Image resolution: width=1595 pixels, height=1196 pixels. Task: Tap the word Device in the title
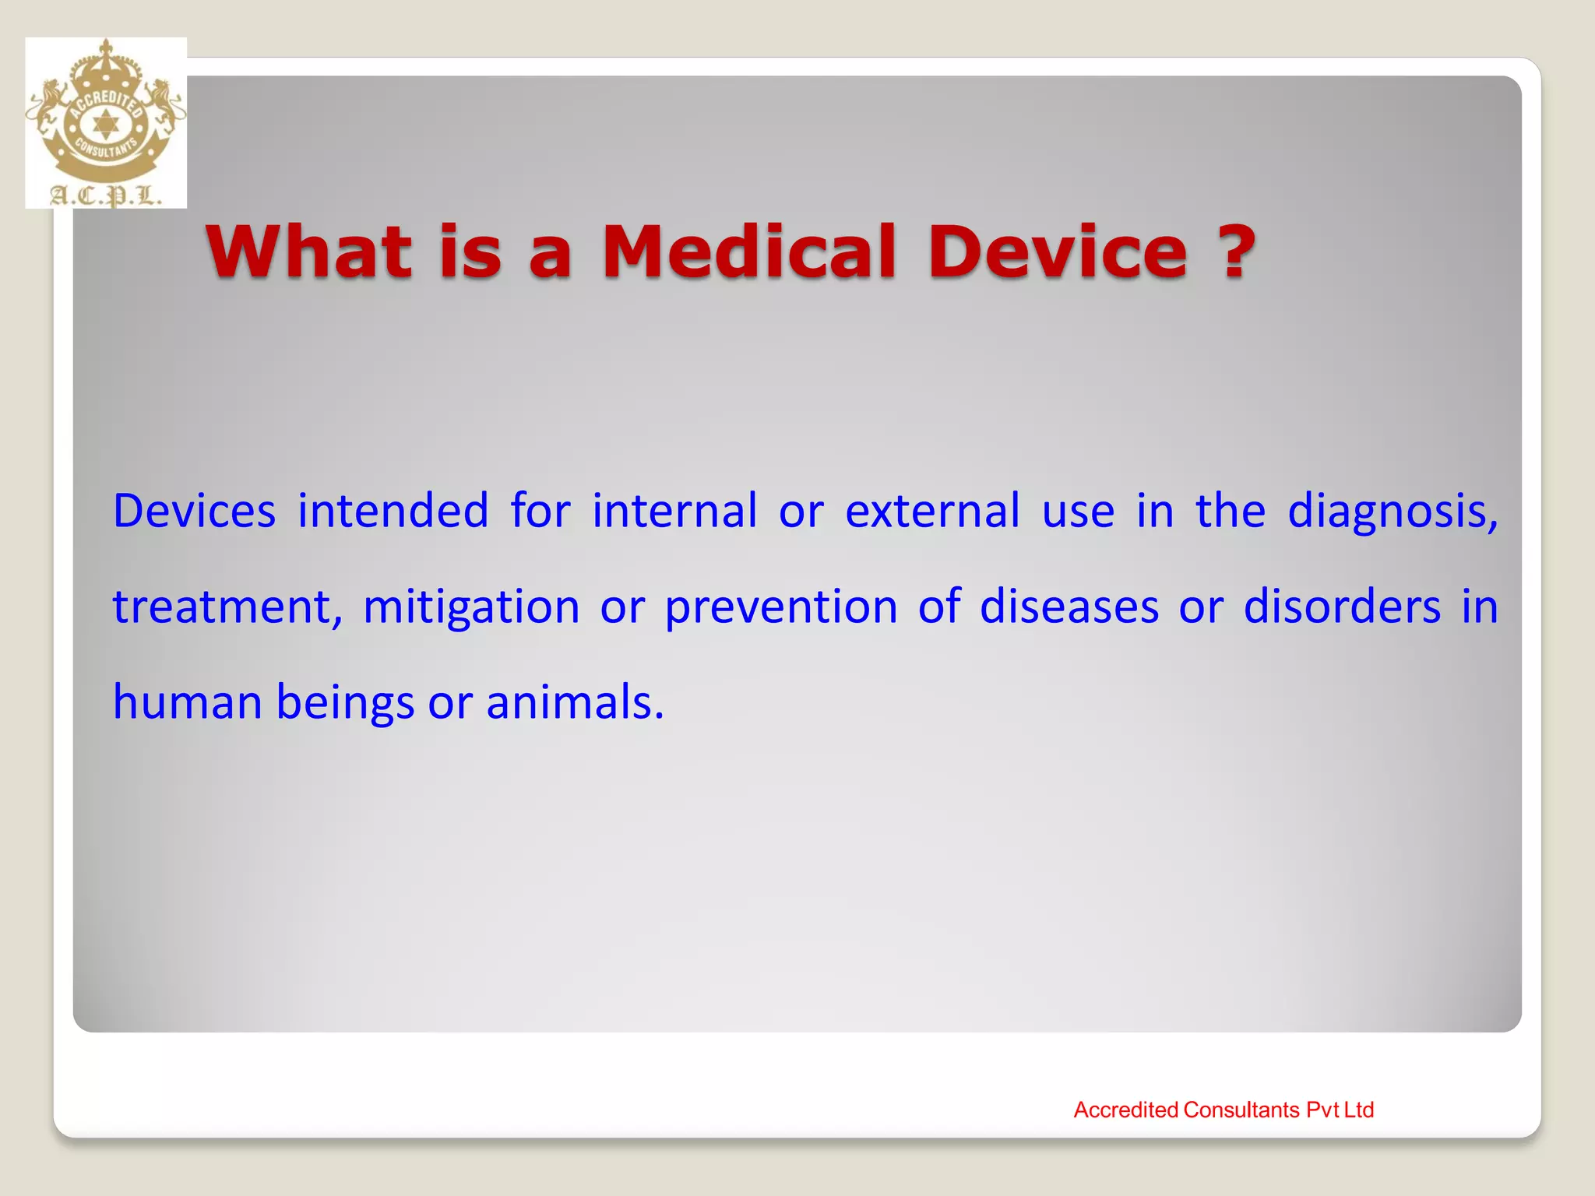[1058, 252]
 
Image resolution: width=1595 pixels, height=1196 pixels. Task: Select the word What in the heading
[308, 252]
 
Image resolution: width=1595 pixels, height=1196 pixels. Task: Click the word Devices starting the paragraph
[194, 512]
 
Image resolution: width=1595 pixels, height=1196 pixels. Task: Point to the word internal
[674, 512]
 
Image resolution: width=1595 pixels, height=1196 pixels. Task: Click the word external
[931, 512]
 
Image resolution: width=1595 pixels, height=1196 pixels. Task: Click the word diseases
[1069, 607]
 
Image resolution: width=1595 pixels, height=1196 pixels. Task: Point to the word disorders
[1341, 607]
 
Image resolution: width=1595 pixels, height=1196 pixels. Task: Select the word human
[187, 702]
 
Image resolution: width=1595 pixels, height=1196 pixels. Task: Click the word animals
[574, 702]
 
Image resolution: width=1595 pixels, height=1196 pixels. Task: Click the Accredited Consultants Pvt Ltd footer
[1223, 1110]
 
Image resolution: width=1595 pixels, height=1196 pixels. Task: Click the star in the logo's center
[105, 125]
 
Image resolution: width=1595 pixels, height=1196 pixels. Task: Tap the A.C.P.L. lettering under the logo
[106, 195]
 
